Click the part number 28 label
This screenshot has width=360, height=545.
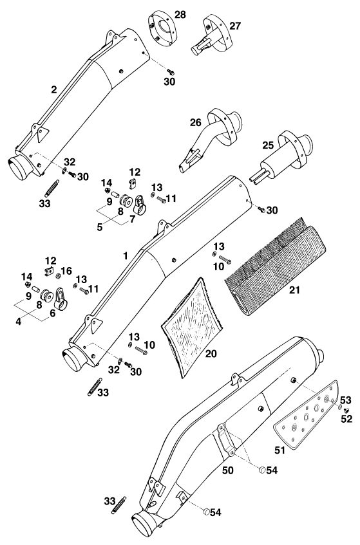tap(180, 15)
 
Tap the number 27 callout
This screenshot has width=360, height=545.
tap(235, 26)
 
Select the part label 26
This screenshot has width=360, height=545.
tap(196, 122)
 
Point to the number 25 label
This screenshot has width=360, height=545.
tap(268, 145)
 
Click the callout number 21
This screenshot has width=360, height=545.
tap(294, 290)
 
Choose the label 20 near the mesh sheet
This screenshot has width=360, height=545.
tap(211, 353)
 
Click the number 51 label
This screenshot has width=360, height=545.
tap(279, 450)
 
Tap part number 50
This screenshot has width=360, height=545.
tap(228, 470)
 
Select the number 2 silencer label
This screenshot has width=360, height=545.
tap(53, 89)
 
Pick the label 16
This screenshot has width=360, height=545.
tap(66, 271)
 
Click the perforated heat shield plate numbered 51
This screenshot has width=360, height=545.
tap(306, 416)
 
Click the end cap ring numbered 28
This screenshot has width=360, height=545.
tap(163, 28)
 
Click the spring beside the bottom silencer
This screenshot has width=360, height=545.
tap(118, 505)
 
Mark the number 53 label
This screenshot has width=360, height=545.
tap(345, 400)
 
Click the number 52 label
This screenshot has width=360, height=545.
tap(346, 419)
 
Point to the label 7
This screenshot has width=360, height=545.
tap(132, 219)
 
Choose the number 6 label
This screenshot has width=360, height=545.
tap(53, 313)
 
